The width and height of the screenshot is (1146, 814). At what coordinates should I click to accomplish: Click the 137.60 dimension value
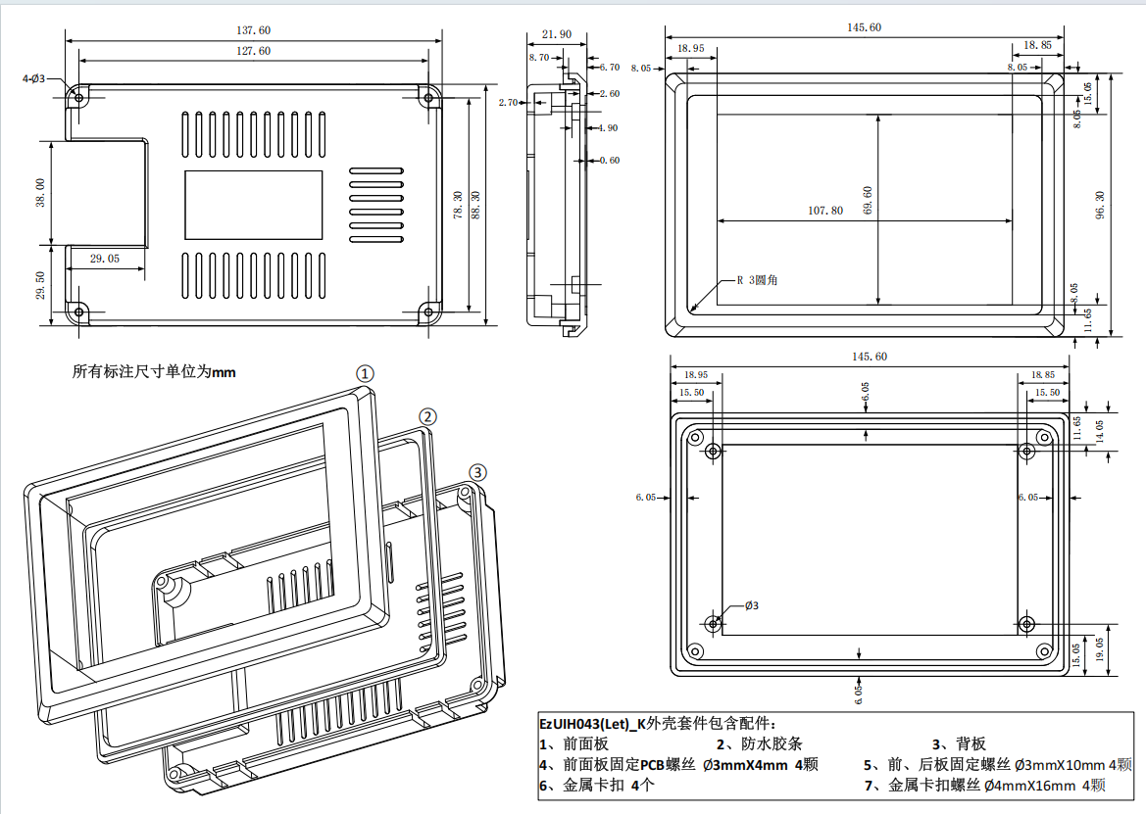pos(254,31)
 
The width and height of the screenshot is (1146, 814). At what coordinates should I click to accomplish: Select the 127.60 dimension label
pos(254,51)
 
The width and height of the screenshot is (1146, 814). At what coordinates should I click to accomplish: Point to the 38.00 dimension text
pos(40,192)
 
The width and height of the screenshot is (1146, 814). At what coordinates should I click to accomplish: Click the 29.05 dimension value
pos(105,259)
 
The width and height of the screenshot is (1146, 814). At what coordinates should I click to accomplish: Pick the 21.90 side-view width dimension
pos(556,34)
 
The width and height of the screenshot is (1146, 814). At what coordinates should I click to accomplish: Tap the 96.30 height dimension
pos(1099,204)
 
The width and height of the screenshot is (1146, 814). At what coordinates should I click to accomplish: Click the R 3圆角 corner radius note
pos(758,280)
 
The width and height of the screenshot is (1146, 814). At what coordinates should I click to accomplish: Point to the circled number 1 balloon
pos(365,373)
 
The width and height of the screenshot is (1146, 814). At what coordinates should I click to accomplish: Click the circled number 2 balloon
pos(427,416)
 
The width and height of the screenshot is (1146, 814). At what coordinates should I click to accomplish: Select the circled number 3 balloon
pos(476,472)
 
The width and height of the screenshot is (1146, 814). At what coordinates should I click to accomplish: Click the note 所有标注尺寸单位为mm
pos(154,372)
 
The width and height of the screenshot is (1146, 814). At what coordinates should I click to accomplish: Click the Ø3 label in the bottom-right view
pos(752,605)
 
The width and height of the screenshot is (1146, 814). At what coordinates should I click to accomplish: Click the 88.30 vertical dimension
pos(476,204)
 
